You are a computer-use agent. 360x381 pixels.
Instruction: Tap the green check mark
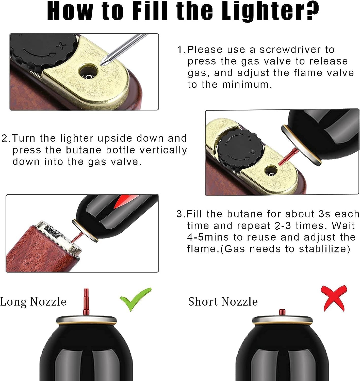tap(135, 299)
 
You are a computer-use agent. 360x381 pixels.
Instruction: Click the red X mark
tap(334, 298)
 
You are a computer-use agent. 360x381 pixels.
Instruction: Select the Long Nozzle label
tap(33, 302)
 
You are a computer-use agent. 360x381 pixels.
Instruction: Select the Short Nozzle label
tap(223, 302)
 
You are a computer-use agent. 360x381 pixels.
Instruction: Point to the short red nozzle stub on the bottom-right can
tap(282, 312)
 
